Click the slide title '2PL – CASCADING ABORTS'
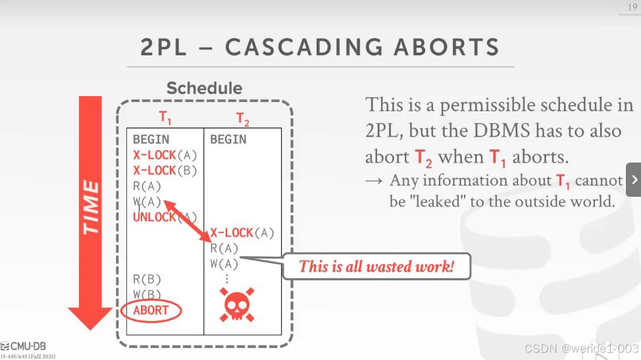click(x=320, y=47)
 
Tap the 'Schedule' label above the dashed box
click(x=204, y=88)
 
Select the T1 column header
click(x=165, y=118)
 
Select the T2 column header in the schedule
click(x=243, y=119)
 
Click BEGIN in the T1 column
click(x=151, y=140)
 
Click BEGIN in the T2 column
click(x=228, y=140)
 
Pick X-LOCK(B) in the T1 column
click(x=165, y=170)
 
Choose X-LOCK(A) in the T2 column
click(x=242, y=233)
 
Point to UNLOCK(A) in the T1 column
click(x=165, y=217)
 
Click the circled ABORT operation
click(x=151, y=311)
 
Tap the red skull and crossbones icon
click(x=236, y=305)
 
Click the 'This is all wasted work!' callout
click(x=376, y=267)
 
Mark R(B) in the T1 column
click(x=147, y=280)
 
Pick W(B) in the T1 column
click(x=147, y=295)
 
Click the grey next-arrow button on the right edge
click(x=634, y=179)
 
